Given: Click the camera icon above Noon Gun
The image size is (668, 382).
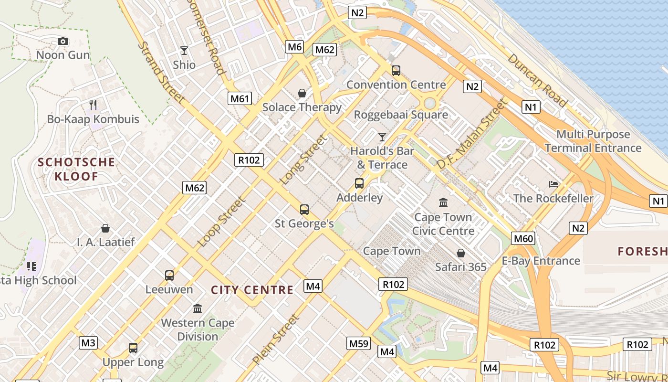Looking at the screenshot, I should [63, 42].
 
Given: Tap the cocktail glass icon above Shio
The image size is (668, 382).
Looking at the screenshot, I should [184, 51].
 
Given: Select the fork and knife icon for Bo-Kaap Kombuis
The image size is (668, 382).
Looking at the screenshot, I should [94, 105].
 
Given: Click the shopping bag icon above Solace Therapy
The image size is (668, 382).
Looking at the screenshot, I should [302, 93].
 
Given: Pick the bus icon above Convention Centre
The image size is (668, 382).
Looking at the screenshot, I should [396, 71].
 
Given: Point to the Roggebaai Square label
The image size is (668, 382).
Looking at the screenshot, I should [401, 115].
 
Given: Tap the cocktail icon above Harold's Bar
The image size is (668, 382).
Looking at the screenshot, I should [382, 137].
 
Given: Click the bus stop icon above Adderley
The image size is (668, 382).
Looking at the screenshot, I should [359, 183].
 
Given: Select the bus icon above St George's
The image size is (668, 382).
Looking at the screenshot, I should [304, 209].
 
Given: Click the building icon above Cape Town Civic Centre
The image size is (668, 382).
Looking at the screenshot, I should [443, 203].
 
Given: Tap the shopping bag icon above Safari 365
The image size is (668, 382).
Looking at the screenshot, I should [461, 253].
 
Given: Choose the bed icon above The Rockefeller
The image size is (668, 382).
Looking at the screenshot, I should [553, 184].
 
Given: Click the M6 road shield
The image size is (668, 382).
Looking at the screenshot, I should [295, 47].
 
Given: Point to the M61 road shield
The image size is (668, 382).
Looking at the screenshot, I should [240, 99].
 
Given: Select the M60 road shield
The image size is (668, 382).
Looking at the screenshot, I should [523, 238].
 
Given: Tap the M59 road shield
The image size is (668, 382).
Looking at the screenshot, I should [359, 343].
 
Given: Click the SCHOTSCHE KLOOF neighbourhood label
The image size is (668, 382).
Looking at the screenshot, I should [76, 169].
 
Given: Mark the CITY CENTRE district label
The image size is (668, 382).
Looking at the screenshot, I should [252, 290].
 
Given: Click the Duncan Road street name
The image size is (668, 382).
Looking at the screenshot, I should [537, 80].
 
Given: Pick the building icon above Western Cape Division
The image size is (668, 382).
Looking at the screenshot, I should [198, 308].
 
